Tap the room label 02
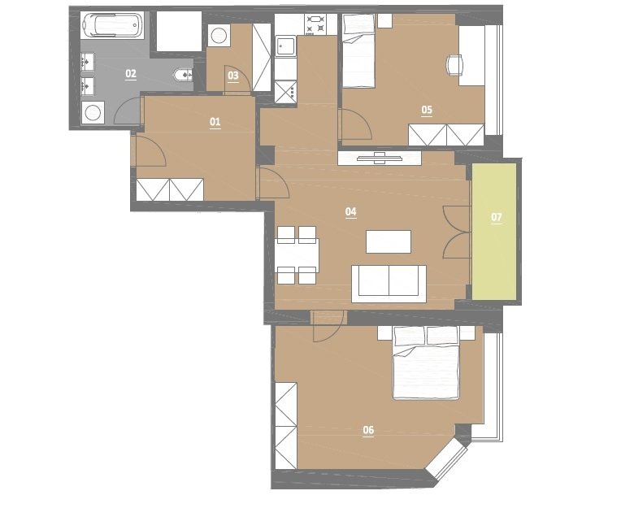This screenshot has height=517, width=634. point(131,73)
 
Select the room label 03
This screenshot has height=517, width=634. point(233,75)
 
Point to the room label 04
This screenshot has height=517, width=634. point(350,211)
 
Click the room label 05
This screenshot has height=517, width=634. point(427,110)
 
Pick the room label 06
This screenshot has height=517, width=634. point(368,430)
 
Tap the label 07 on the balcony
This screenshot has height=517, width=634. point(496,217)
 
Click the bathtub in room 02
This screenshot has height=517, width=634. point(112,25)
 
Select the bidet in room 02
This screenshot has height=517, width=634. point(183,75)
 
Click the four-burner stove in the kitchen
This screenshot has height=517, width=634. point(315,24)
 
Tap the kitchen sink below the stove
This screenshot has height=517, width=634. point(285,46)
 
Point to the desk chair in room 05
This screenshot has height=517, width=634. point(455,65)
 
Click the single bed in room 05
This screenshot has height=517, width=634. point(358,50)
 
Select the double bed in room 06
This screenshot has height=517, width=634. point(426,363)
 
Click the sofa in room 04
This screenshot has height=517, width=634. point(389,284)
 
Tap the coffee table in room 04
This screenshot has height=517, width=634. point(389,241)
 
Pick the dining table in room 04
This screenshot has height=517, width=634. point(297,255)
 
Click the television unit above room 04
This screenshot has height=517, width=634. point(380,158)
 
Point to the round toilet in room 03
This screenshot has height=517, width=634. point(219,35)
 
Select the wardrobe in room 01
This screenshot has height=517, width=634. point(170,189)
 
